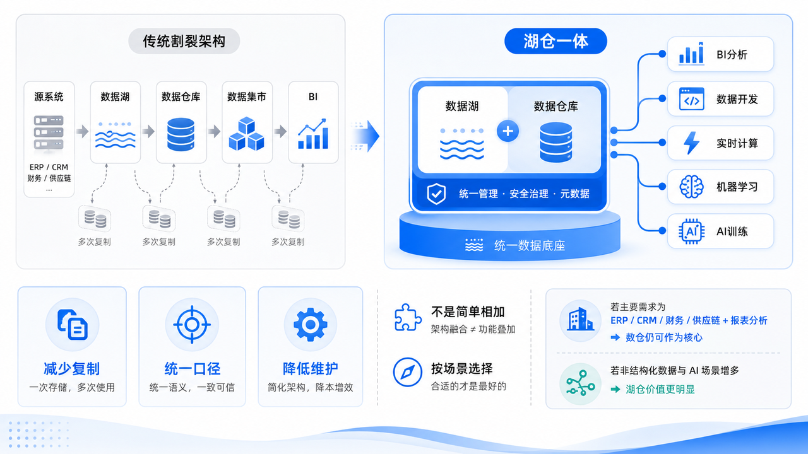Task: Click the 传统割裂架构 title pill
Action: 184,41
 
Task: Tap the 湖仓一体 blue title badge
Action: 555,41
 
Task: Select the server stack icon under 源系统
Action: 49,132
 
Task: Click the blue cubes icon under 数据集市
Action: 247,134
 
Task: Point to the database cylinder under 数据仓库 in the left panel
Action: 181,134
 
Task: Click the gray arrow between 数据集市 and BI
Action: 280,131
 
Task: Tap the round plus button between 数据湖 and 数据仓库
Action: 508,131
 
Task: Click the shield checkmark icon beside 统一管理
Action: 436,194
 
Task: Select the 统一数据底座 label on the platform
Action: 530,246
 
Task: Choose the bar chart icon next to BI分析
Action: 691,54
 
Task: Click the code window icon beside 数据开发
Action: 691,98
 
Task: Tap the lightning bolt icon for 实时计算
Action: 691,143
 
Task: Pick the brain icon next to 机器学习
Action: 691,187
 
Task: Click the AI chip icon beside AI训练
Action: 691,231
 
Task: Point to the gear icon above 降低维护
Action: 310,325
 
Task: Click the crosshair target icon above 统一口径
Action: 192,325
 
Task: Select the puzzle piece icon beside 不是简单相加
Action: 408,317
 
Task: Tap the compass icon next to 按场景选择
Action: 408,372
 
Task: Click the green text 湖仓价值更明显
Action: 660,389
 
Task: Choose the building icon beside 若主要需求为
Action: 580,319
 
